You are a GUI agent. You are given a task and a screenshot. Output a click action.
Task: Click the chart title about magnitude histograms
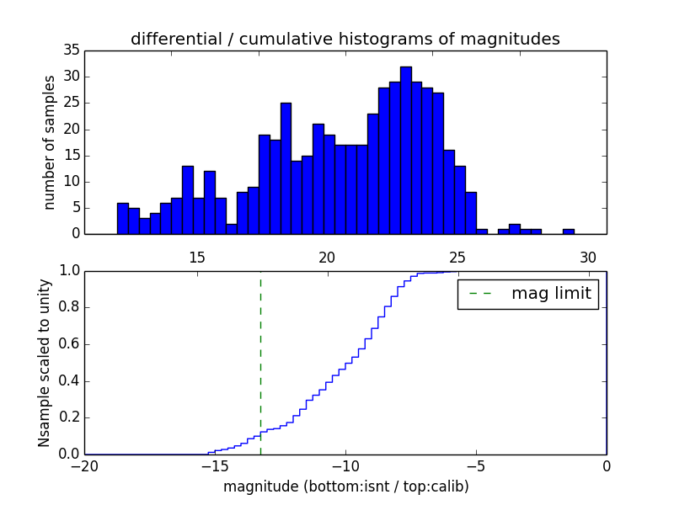345,40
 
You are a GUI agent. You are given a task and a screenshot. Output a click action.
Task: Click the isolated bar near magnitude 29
569,231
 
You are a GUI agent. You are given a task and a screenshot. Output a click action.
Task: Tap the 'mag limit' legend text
551,295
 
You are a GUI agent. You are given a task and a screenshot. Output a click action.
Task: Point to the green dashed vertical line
260,362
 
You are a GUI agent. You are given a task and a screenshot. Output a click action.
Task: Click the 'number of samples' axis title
51,142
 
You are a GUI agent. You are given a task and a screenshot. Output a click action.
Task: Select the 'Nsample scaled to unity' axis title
45,362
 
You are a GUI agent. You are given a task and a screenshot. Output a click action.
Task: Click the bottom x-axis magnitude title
345,486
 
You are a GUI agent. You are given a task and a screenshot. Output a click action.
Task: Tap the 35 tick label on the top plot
71,50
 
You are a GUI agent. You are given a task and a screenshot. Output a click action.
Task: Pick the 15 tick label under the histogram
197,257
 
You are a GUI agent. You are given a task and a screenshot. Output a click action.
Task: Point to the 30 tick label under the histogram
589,257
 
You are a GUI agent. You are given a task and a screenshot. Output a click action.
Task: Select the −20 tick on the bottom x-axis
84,466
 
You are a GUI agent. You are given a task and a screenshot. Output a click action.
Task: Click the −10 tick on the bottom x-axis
345,466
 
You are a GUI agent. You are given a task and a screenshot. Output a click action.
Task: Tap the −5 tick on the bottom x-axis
475,466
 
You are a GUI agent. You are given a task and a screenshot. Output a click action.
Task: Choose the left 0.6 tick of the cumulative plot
70,344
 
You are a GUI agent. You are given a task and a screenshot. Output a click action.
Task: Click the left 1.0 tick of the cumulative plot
70,271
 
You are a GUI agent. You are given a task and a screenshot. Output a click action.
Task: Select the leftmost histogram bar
123,219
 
